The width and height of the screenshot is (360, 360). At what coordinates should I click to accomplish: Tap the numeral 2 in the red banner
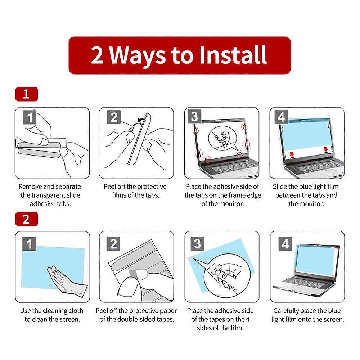(97, 55)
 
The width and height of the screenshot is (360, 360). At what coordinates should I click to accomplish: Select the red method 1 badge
(26, 94)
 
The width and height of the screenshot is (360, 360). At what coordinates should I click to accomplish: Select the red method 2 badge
(26, 219)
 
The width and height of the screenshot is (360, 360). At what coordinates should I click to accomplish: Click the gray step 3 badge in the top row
(194, 117)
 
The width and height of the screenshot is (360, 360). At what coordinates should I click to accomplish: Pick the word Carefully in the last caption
(285, 311)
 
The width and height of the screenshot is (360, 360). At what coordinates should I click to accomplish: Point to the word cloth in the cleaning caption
(76, 311)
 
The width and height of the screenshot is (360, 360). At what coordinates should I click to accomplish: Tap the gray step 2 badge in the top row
(114, 117)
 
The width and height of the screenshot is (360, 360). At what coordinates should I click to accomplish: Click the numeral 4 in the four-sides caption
(248, 319)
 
